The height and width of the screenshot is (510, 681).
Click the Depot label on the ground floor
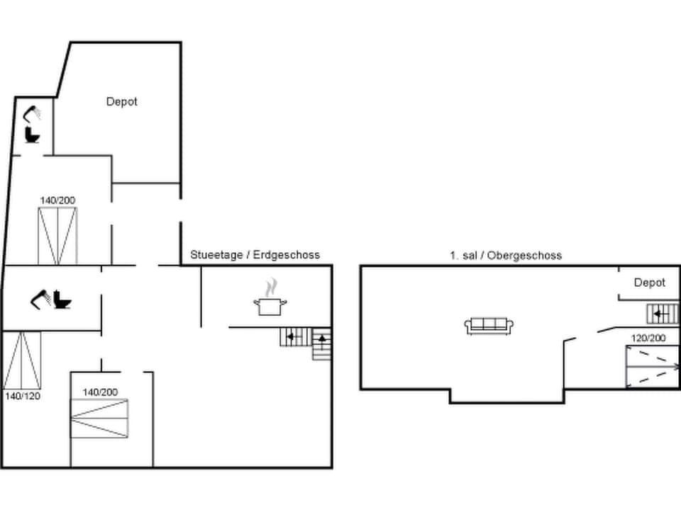[121, 101]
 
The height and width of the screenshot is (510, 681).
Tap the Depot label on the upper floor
[649, 283]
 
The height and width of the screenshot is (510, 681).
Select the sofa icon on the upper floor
[489, 325]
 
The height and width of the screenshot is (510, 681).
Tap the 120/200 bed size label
[648, 338]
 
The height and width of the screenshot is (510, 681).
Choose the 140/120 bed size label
[22, 396]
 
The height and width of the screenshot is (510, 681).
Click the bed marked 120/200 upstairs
[652, 366]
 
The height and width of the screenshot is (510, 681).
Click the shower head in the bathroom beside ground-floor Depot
[33, 113]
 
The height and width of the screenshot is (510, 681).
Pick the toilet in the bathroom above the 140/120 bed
[62, 301]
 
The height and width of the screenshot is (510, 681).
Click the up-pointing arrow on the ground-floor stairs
[322, 339]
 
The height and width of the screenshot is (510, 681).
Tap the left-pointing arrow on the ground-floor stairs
[291, 336]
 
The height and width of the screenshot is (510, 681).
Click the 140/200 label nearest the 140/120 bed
[100, 392]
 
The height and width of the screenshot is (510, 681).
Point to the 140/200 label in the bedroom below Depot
[57, 200]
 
